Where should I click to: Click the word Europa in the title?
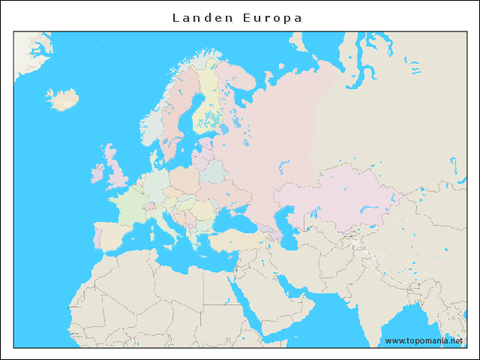pos(272,17)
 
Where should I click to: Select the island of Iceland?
pos(63,99)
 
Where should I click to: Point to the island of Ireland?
pos(97,174)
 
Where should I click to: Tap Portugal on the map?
pos(96,236)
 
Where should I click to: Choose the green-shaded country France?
pos(131,206)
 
